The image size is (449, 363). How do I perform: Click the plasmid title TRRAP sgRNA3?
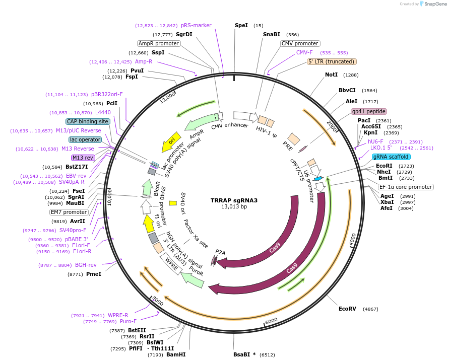234,200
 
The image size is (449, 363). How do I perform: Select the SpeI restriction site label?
241,25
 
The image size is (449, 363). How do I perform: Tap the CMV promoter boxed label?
300,43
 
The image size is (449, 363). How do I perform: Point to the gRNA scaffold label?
391,157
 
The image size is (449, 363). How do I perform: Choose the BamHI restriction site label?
176,354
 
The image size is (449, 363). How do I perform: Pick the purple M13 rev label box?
83,158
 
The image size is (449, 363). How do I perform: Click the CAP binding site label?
88,121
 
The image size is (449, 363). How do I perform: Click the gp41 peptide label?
369,111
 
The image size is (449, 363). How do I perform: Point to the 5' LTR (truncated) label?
332,61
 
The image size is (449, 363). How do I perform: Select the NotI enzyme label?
331,75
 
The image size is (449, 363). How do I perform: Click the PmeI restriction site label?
94,274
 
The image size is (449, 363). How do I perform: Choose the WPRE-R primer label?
118,316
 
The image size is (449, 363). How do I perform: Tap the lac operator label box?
85,139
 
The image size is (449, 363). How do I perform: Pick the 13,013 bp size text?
234,207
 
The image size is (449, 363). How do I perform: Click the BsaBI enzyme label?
241,354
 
